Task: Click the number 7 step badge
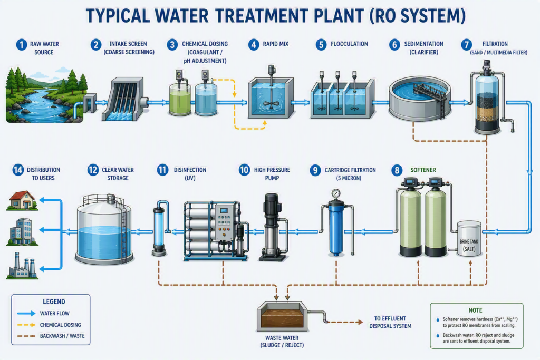[467, 45]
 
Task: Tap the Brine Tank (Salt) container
[469, 239]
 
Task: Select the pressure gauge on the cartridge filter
[336, 193]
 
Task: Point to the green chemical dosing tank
[180, 100]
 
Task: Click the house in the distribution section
[22, 200]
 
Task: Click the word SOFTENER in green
[423, 170]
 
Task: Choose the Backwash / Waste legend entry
[51, 336]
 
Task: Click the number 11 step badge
[162, 170]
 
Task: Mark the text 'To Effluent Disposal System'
[390, 322]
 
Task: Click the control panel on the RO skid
[224, 222]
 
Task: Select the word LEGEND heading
[54, 302]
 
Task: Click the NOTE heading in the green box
[475, 310]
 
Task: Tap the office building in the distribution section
[22, 231]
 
